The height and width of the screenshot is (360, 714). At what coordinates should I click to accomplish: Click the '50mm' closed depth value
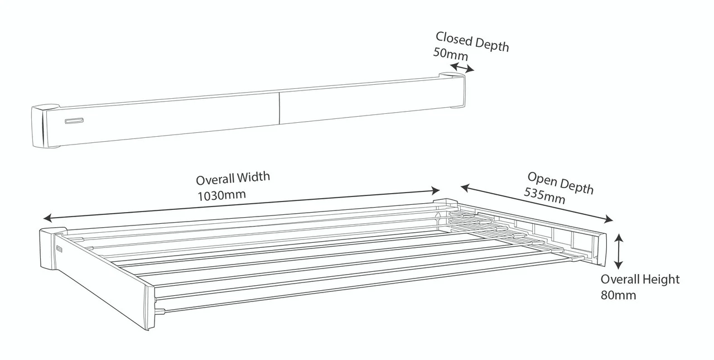pyautogui.click(x=450, y=54)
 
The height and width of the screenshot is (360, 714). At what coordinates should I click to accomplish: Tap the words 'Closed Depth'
pyautogui.click(x=472, y=41)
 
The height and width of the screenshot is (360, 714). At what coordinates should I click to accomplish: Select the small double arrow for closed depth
pyautogui.click(x=462, y=68)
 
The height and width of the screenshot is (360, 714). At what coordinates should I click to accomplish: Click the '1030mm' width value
pyautogui.click(x=221, y=195)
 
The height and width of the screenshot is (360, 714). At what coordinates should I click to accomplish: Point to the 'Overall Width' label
pyautogui.click(x=233, y=179)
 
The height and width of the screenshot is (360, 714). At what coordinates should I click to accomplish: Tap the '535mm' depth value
pyautogui.click(x=544, y=196)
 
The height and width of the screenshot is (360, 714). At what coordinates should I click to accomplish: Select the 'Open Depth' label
pyautogui.click(x=560, y=183)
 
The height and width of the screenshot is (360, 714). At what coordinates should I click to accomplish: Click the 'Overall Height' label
pyautogui.click(x=640, y=280)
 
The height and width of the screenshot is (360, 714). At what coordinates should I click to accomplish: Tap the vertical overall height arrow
pyautogui.click(x=618, y=251)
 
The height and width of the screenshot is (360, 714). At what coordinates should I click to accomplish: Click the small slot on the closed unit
pyautogui.click(x=74, y=121)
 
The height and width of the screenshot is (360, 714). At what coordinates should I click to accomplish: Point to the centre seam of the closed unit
pyautogui.click(x=278, y=108)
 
